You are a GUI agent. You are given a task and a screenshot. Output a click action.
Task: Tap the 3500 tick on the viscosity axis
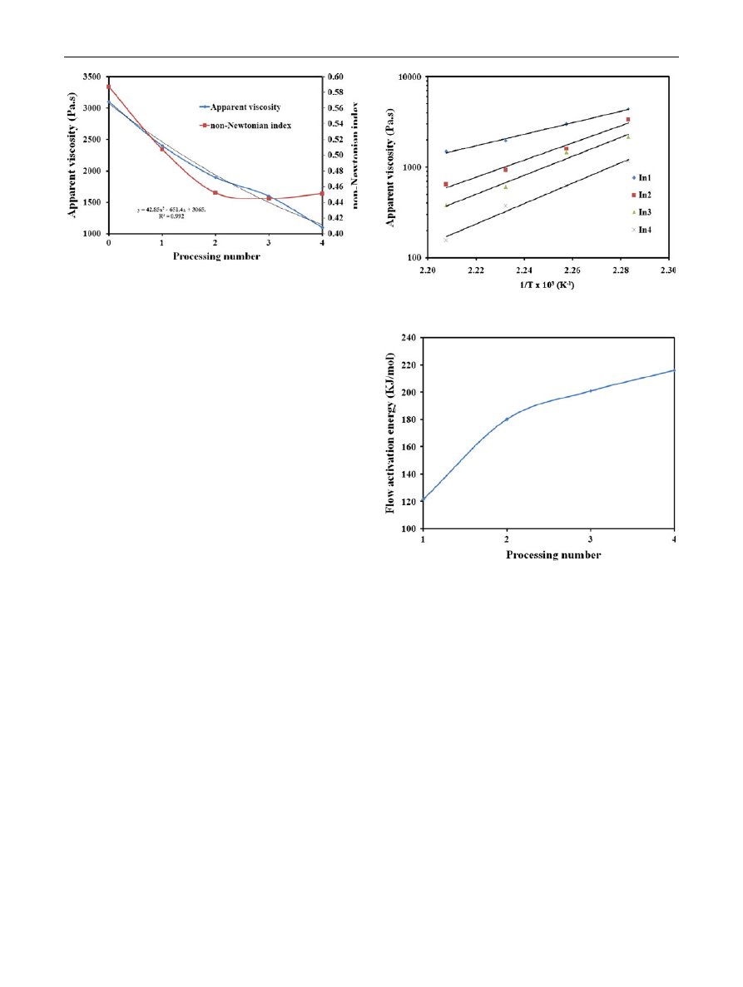pos(92,77)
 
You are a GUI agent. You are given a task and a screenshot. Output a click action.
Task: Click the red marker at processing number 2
pos(215,192)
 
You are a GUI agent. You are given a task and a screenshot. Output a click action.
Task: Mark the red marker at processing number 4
pos(322,194)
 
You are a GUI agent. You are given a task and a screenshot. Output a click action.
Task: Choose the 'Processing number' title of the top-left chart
pos(216,256)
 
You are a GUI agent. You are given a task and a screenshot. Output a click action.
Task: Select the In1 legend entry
pos(643,178)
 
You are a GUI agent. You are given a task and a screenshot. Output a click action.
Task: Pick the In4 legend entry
pos(643,230)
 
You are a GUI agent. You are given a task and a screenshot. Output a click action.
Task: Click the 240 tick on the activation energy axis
pos(408,337)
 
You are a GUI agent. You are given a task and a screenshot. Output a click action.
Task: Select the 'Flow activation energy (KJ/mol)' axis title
pos(390,432)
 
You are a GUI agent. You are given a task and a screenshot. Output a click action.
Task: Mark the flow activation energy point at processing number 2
pos(507,419)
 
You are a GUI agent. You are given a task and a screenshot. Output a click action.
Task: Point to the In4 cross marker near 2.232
pos(505,206)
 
